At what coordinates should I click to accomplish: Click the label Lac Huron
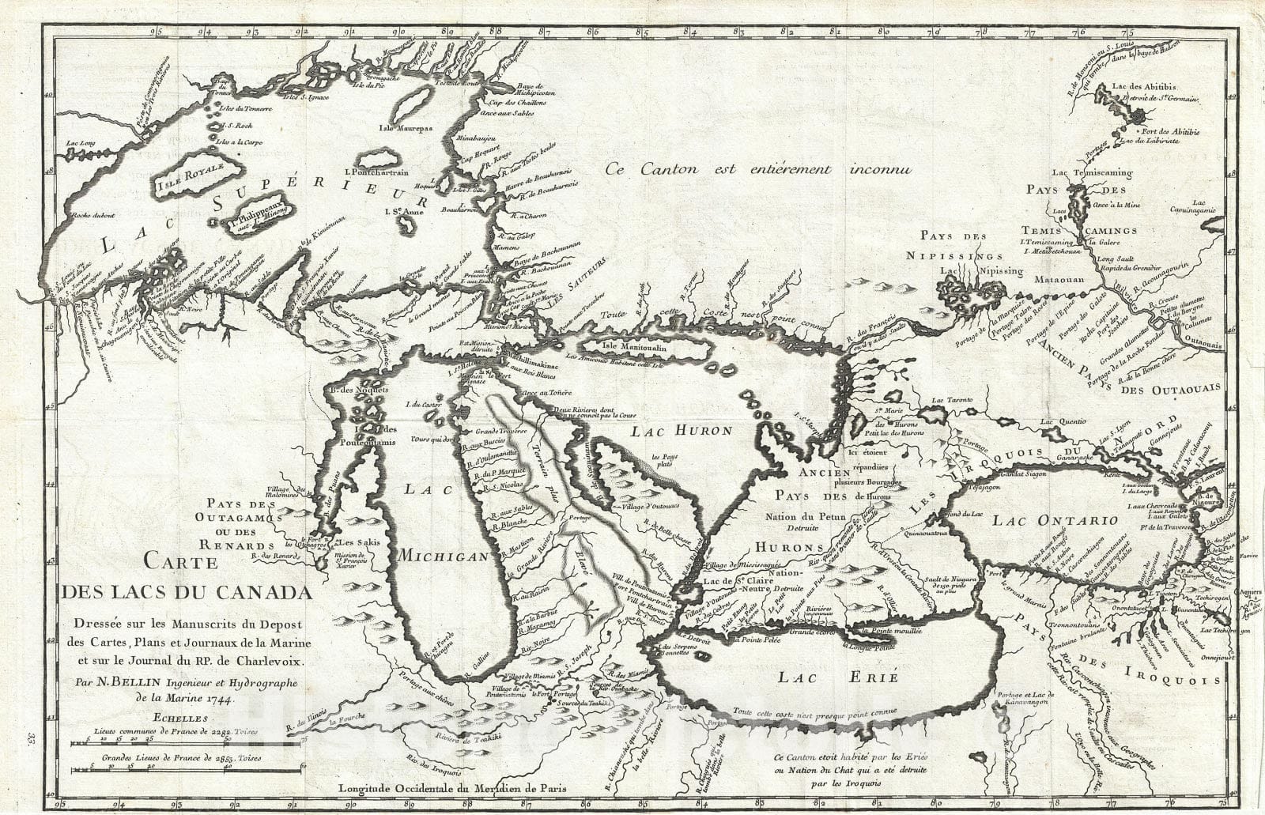pyautogui.click(x=693, y=431)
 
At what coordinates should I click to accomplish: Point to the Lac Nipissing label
pyautogui.click(x=981, y=270)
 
